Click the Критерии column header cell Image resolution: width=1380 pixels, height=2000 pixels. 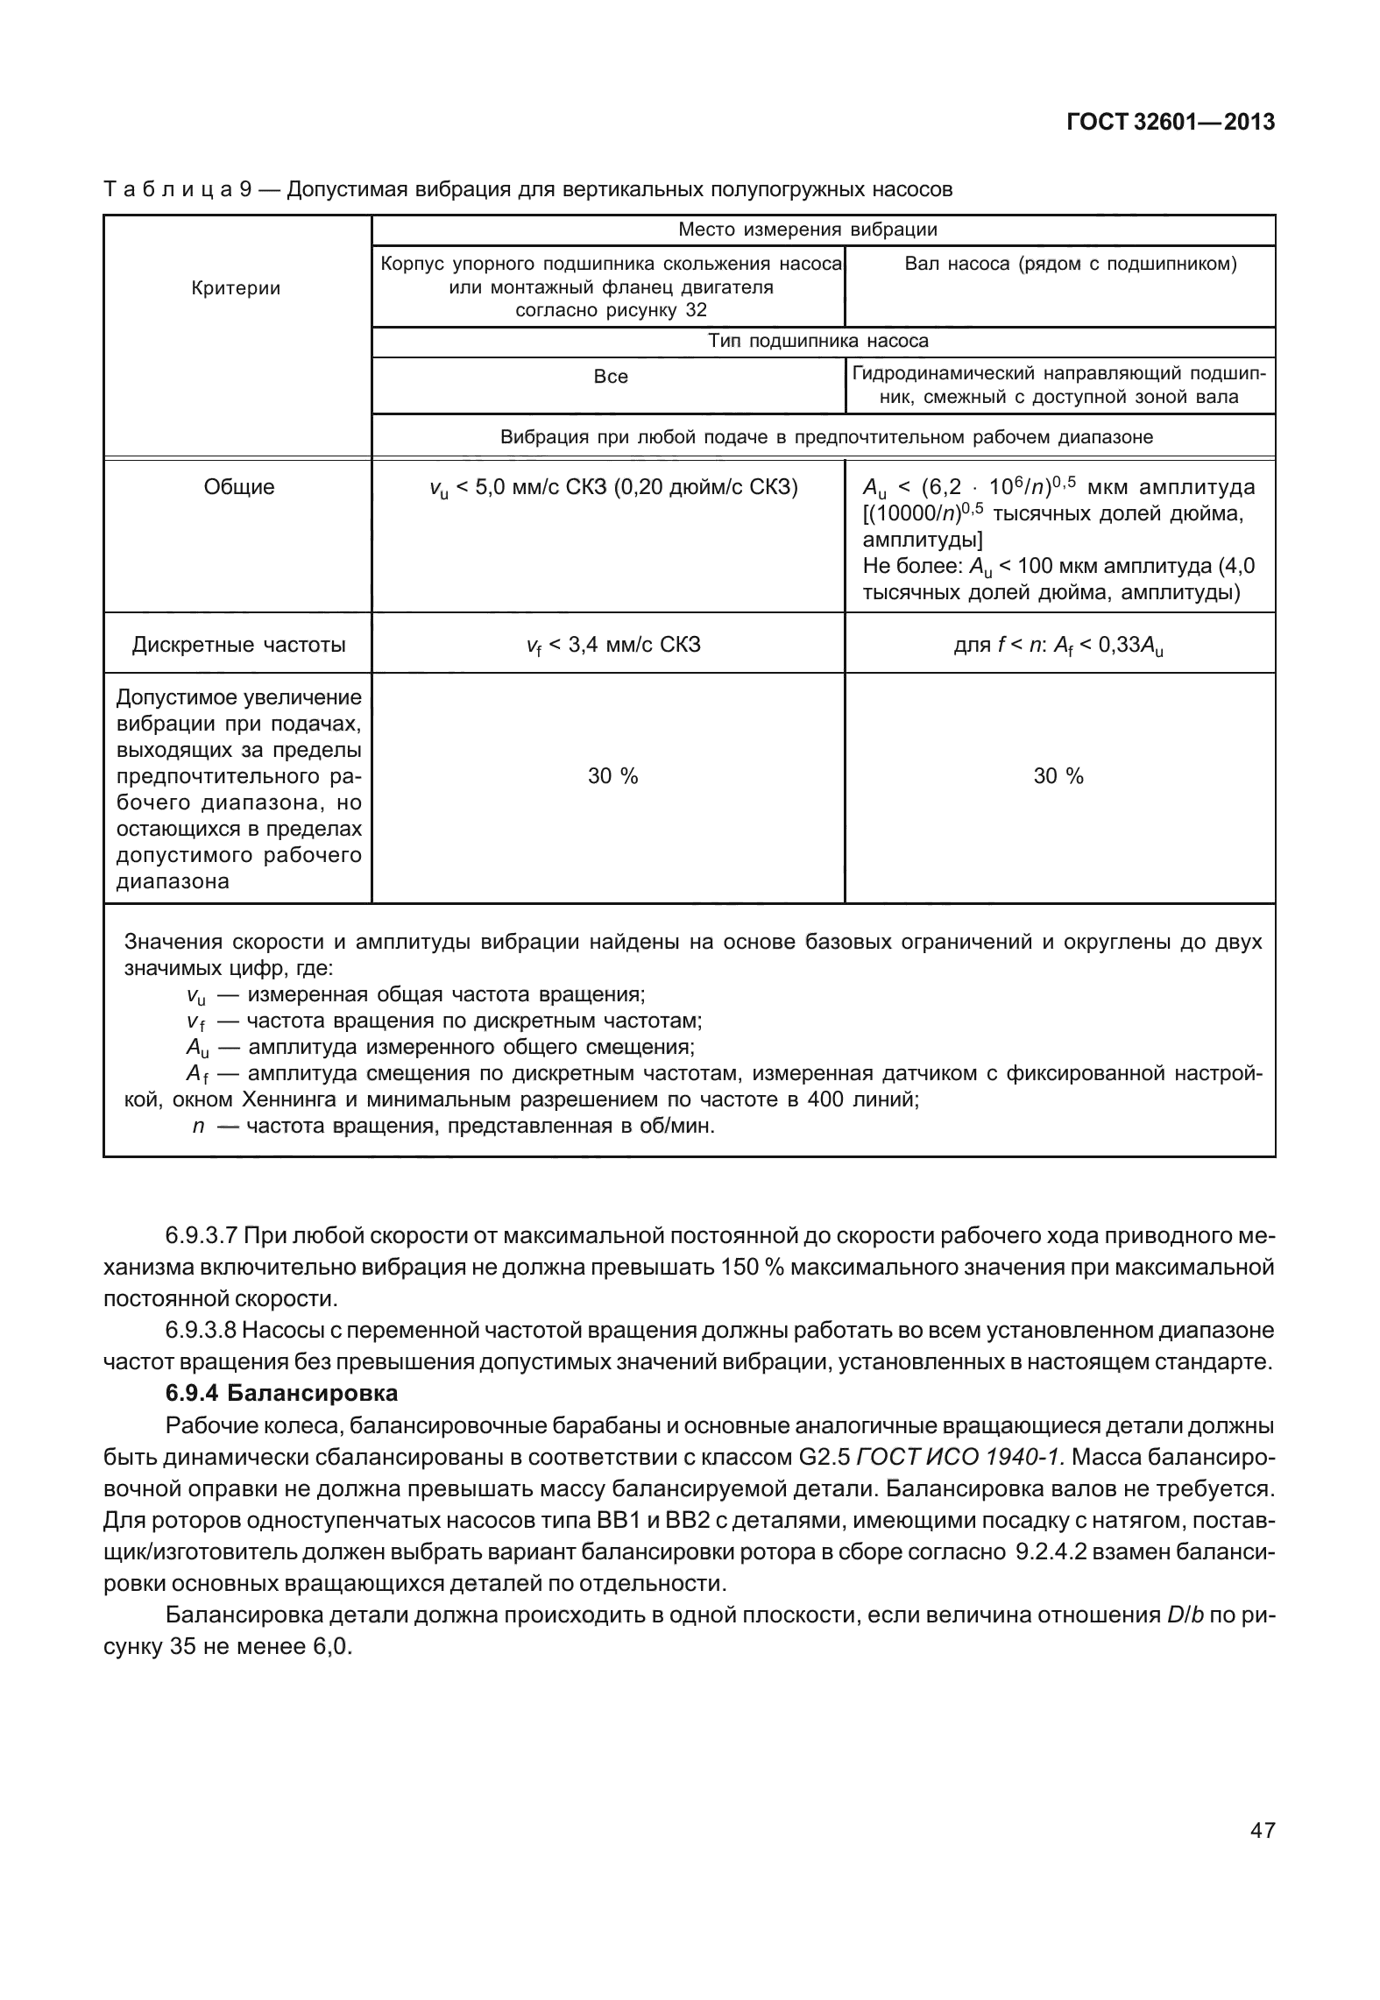237,288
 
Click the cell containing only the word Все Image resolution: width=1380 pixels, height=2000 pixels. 610,377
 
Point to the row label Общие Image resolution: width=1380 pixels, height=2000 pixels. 238,487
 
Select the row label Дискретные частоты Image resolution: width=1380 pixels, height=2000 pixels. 238,645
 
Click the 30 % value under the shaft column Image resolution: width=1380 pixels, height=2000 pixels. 1058,776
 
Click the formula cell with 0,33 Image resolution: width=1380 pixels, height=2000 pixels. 1058,646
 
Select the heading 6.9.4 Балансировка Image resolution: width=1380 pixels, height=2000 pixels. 281,1393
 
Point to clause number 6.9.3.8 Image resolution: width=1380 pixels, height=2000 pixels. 201,1330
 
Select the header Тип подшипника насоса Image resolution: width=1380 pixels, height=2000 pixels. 818,341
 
